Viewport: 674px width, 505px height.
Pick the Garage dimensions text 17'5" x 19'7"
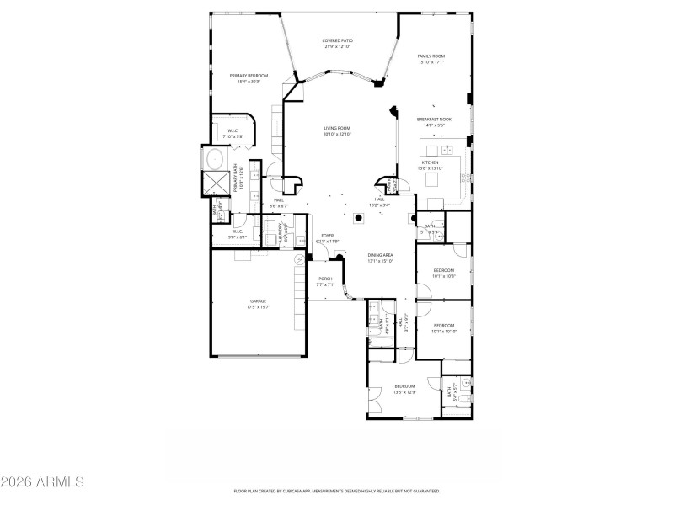pos(258,307)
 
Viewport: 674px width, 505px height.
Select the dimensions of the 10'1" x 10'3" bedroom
pos(443,276)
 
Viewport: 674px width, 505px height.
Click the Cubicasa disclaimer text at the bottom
pos(336,491)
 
